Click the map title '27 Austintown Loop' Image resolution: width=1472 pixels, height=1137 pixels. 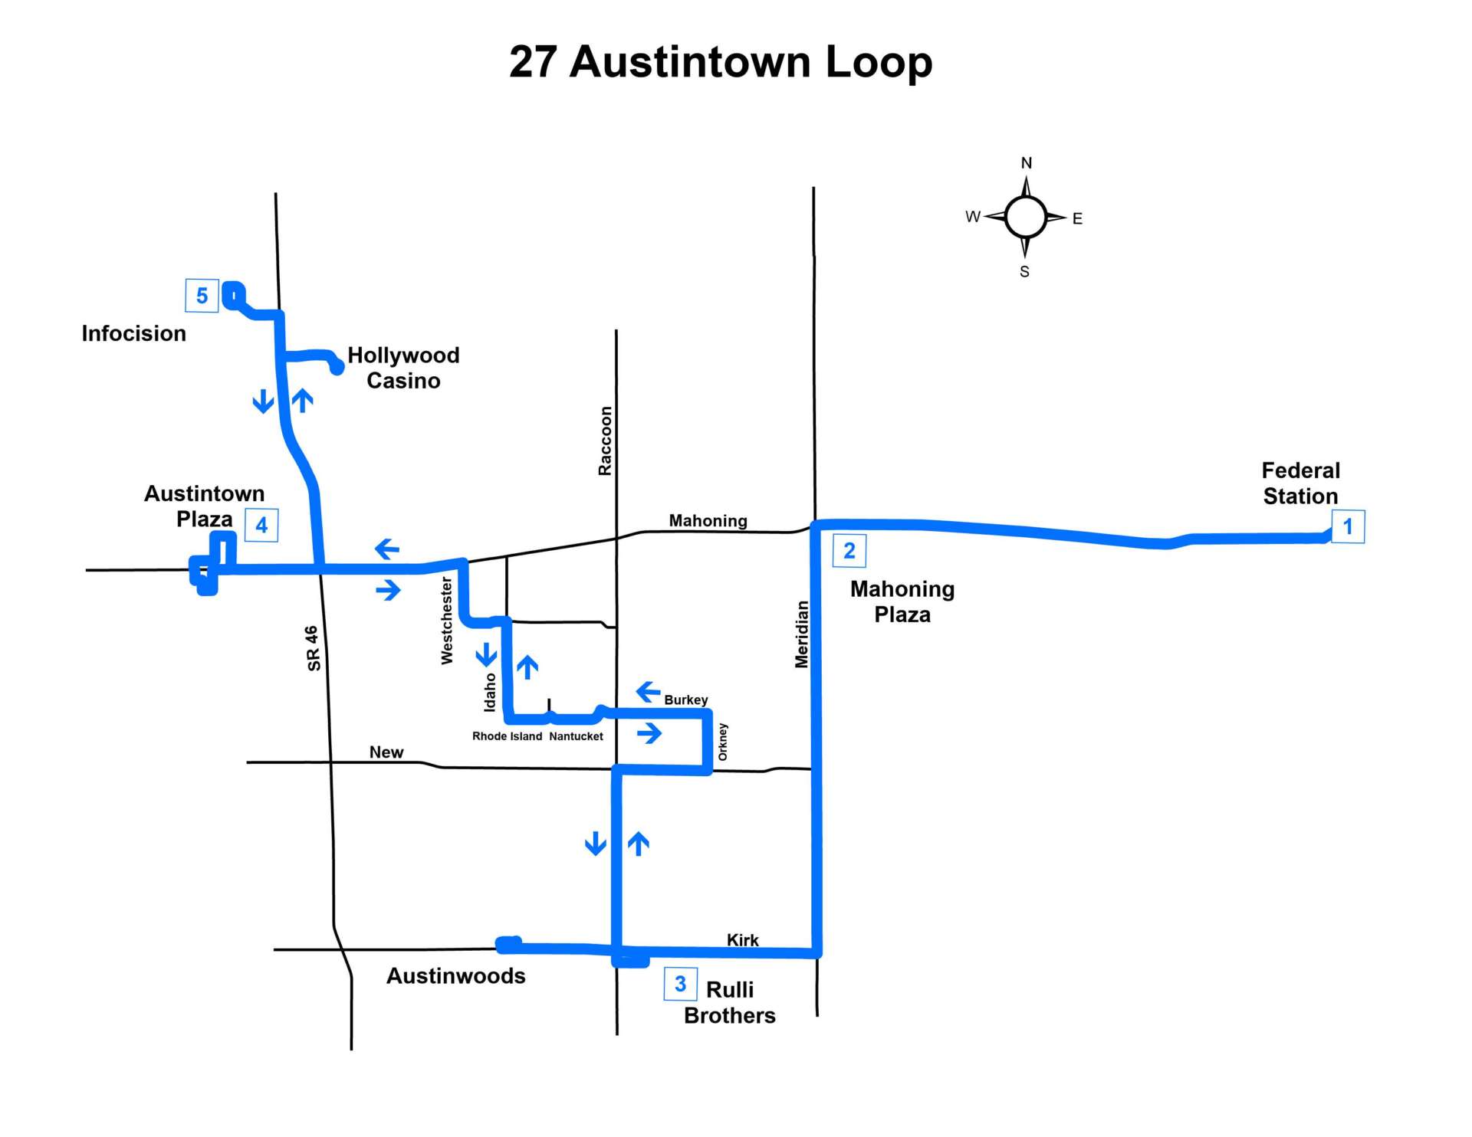click(721, 62)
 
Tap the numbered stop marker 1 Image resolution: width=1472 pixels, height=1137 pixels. click(1348, 527)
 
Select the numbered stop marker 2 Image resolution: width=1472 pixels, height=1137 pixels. click(849, 551)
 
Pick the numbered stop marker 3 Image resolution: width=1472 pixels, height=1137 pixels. click(680, 984)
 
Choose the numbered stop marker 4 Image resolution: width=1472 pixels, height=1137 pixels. click(261, 526)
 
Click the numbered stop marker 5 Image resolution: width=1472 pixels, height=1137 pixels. click(202, 296)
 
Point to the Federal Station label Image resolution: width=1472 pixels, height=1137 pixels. click(1301, 483)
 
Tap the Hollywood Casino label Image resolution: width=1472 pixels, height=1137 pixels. click(403, 368)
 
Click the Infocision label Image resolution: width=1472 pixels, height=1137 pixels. click(134, 333)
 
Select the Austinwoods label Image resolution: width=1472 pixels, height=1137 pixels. click(456, 976)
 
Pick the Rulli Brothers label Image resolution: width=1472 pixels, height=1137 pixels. click(730, 1002)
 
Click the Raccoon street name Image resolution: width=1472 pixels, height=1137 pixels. click(606, 441)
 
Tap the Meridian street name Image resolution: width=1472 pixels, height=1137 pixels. click(802, 634)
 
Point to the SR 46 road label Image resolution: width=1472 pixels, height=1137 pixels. click(313, 648)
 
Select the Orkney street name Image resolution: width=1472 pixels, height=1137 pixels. click(722, 742)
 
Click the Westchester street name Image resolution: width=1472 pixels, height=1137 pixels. click(447, 621)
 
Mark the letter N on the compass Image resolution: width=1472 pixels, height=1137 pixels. click(1027, 163)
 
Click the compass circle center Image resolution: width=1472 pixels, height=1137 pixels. click(1026, 217)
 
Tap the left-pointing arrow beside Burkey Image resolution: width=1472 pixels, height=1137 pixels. click(649, 692)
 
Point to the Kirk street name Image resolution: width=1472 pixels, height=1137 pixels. click(743, 940)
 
